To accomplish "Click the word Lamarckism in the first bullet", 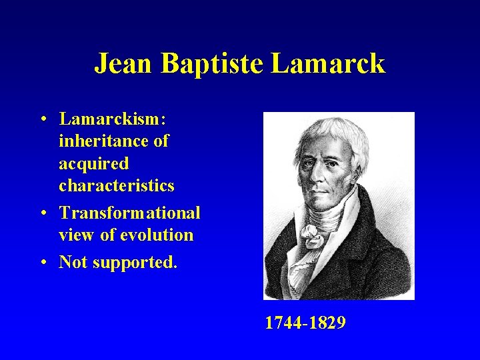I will click(113, 119).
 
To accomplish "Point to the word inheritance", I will click(114, 141).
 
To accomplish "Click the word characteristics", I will click(117, 185).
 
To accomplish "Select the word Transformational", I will click(129, 213).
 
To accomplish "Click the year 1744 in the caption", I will click(283, 323).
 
